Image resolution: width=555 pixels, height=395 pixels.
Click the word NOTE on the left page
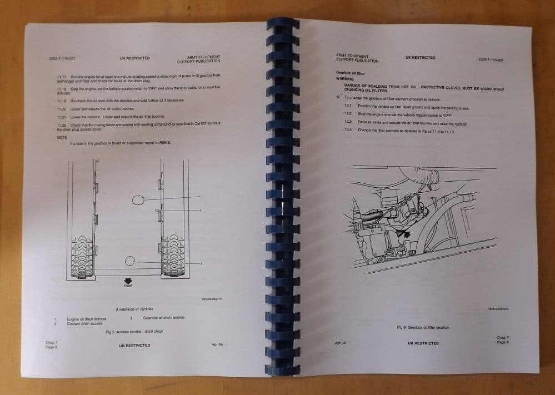[62, 137]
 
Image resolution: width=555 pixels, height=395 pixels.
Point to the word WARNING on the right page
[345, 79]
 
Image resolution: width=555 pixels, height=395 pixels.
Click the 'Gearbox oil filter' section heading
[350, 72]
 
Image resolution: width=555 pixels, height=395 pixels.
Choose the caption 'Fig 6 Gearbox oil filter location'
[423, 327]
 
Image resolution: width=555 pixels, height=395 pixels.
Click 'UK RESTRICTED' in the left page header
[134, 58]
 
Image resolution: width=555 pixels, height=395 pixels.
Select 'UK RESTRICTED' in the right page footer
[423, 343]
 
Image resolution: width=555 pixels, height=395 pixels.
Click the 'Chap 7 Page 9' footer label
[502, 340]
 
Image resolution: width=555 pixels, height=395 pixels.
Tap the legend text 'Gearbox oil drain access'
[163, 318]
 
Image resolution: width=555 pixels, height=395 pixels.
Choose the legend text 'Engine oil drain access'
[86, 319]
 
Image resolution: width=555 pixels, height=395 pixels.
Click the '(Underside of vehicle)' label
[134, 309]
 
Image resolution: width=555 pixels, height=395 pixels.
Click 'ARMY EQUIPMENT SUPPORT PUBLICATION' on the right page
[357, 58]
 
